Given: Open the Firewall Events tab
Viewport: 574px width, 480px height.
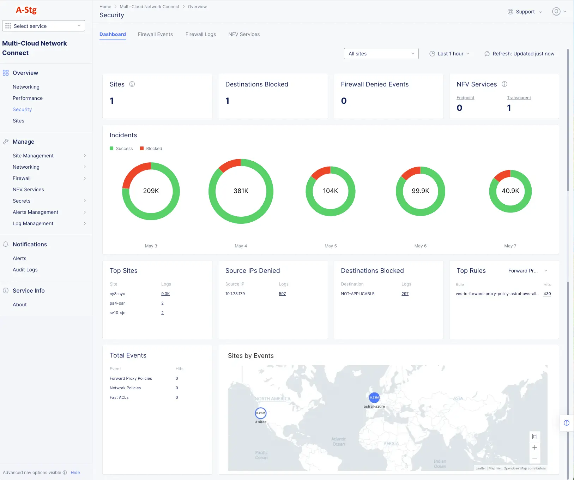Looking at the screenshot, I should (x=155, y=34).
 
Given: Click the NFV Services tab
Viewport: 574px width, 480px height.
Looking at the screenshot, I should (x=244, y=34).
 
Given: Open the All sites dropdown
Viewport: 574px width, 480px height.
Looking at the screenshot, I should (x=381, y=54).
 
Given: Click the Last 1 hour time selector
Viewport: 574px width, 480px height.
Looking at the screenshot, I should (x=449, y=54).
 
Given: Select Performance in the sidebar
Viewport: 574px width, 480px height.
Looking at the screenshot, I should (x=28, y=98).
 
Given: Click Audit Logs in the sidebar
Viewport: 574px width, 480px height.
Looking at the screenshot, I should (x=25, y=270).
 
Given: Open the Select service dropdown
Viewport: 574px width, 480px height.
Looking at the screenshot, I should (x=43, y=26).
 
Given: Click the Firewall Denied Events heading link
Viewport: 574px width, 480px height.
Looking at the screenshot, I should (x=375, y=84).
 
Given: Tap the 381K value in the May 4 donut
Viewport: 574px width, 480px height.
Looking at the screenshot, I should (x=241, y=191).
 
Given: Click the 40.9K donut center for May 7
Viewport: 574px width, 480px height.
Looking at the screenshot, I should (x=510, y=191).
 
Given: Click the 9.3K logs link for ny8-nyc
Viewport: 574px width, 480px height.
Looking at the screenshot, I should (x=165, y=294).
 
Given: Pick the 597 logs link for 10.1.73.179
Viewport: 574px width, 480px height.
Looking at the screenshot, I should (x=282, y=294).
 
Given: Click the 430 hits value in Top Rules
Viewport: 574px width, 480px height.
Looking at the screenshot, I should (x=547, y=294).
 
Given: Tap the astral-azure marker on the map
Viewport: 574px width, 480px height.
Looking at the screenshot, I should (x=374, y=398).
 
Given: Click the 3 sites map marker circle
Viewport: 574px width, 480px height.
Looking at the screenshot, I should (x=261, y=413).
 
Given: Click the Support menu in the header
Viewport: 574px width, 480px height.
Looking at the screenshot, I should (x=525, y=12).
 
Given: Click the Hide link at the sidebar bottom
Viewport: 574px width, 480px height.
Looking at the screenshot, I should (x=75, y=473).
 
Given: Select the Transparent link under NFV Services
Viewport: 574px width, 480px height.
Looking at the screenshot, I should (x=519, y=98).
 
